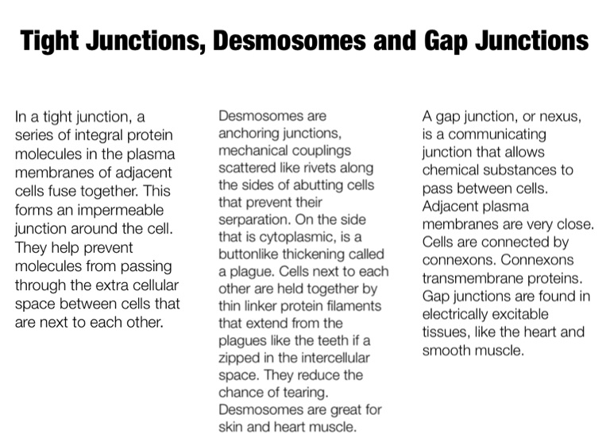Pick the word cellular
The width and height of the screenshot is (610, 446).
[149, 285]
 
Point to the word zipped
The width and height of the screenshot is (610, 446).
[239, 358]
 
